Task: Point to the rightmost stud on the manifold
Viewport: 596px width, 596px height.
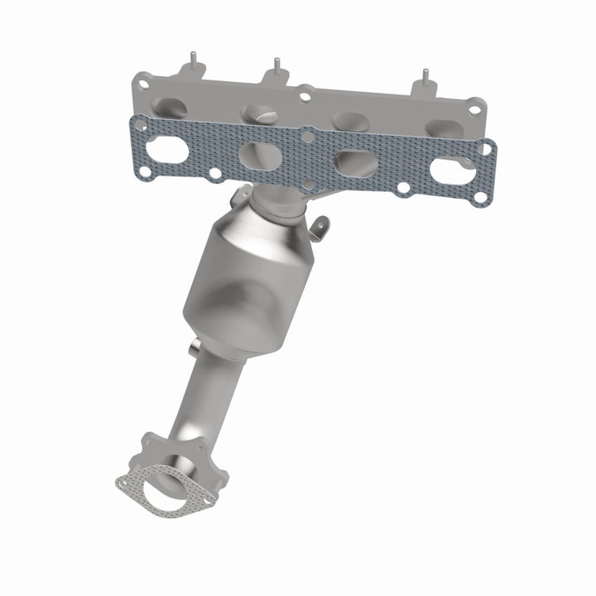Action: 425,76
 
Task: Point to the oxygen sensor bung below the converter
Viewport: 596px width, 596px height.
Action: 195,348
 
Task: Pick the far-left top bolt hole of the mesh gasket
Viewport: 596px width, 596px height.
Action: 143,125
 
